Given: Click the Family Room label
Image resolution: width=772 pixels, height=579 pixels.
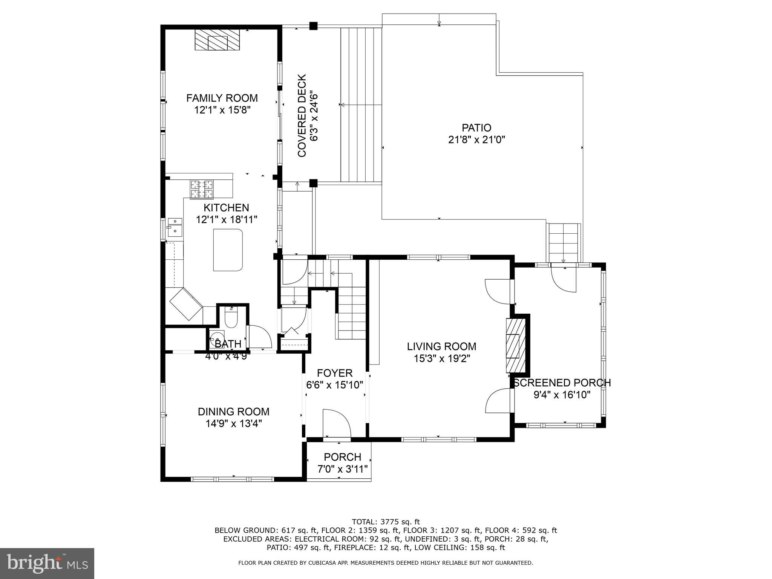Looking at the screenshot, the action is pyautogui.click(x=222, y=98).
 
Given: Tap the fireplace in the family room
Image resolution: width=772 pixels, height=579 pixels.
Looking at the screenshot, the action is pyautogui.click(x=217, y=40).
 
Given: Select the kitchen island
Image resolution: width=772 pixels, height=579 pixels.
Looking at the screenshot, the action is pyautogui.click(x=228, y=250).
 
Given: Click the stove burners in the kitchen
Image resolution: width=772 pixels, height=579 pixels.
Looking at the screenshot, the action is pyautogui.click(x=202, y=189).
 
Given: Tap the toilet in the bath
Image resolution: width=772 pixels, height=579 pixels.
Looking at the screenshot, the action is pyautogui.click(x=230, y=317).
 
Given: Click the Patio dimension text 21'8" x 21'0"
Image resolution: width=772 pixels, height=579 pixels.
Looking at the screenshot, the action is pyautogui.click(x=476, y=140).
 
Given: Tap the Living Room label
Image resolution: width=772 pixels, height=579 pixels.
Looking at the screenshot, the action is pyautogui.click(x=441, y=346).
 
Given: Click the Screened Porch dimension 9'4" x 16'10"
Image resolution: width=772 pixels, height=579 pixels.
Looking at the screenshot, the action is pyautogui.click(x=562, y=395).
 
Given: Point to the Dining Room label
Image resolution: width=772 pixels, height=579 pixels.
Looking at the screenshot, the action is pyautogui.click(x=234, y=412).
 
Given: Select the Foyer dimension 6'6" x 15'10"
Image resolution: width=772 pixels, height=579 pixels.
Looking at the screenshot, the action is pyautogui.click(x=335, y=385).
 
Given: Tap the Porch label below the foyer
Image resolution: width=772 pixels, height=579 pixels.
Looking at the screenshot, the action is pyautogui.click(x=342, y=457).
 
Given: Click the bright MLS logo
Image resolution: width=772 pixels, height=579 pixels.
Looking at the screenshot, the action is pyautogui.click(x=47, y=563).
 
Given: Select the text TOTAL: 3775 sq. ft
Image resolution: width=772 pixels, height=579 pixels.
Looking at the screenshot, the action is pyautogui.click(x=386, y=522).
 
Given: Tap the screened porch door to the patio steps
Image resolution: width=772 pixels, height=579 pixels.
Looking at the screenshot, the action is pyautogui.click(x=564, y=279).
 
